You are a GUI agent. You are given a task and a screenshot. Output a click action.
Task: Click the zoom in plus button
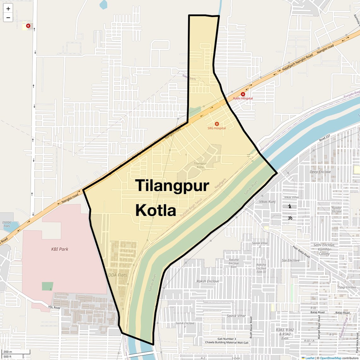coord(8,9)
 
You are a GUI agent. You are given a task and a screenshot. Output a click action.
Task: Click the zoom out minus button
coord(8,18)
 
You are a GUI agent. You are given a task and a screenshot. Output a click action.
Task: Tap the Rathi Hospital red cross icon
coord(243,94)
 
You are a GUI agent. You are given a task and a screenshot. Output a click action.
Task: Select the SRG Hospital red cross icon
coord(217,124)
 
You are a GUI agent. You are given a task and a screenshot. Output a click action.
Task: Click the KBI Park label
coord(60,249)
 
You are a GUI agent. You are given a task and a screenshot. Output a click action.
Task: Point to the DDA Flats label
coord(117,275)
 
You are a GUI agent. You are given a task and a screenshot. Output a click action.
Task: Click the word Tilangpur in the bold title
coord(172,186)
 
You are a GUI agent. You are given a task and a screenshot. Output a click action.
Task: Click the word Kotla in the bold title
coord(156,210)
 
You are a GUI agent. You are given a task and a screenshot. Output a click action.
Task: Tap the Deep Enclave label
coord(320,172)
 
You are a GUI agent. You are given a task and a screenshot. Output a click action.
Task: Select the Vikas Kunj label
coord(267,201)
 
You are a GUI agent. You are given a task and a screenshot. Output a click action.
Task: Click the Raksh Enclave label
coord(207,281)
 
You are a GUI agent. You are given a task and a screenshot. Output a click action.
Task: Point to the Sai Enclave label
coord(291,260)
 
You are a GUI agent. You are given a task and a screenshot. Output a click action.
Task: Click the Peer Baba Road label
coord(301,252)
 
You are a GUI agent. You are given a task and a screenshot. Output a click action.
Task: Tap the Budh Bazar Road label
coord(251,327)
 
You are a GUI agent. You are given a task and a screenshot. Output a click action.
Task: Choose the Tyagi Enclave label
coord(347,287)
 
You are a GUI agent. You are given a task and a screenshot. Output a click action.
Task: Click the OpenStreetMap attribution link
coord(330,358)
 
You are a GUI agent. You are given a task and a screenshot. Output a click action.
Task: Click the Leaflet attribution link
coord(309,358)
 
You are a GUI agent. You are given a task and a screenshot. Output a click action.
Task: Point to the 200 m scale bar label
coord(8,352)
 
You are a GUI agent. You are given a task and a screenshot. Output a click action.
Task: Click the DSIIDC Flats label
coord(7,224)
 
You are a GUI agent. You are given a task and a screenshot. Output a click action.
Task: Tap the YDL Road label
coord(54,307)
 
